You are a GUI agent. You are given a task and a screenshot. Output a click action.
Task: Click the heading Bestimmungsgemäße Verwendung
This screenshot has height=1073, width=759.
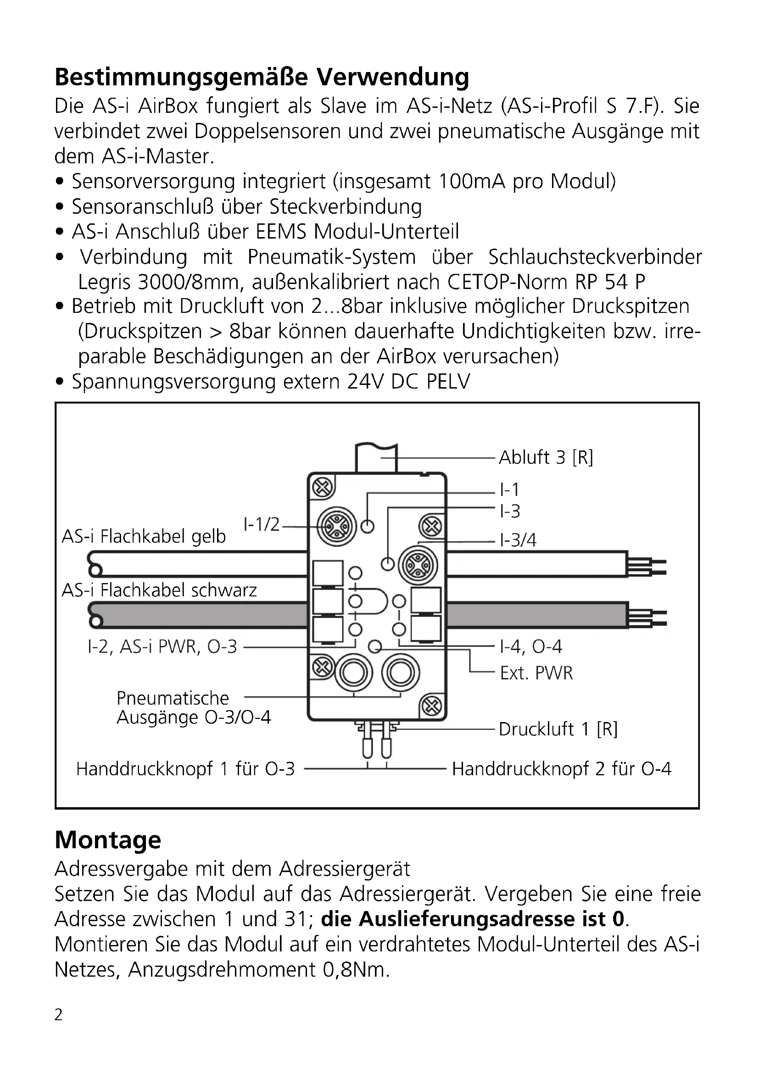click(262, 77)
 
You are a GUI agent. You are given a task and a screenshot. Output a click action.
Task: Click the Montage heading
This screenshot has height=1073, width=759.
click(108, 840)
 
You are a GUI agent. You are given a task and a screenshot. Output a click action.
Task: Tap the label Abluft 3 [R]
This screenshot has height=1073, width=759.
click(546, 457)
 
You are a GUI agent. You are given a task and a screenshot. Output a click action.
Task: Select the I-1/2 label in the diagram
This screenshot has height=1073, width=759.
click(261, 524)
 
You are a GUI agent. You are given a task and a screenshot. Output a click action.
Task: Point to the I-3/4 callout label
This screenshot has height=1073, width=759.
click(518, 540)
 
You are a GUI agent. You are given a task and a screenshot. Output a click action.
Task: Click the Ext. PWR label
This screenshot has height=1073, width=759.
click(536, 673)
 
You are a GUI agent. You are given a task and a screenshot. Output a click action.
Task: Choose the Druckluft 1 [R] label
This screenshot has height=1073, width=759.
click(558, 729)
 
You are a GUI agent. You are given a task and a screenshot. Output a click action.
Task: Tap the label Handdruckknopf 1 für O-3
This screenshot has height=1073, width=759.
click(185, 769)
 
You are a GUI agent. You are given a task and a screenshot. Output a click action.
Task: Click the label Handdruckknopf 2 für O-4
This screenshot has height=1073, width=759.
click(561, 769)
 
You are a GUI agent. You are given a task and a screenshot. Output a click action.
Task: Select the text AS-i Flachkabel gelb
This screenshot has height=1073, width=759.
click(144, 537)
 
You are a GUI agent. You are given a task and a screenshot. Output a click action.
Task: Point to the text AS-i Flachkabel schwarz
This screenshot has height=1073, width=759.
click(159, 590)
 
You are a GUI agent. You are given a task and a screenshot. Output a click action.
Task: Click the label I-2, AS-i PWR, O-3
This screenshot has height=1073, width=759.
click(162, 647)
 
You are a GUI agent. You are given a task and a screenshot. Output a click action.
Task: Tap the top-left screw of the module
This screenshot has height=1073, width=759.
click(322, 488)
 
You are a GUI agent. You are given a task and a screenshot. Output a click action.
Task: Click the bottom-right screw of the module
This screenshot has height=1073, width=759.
click(431, 706)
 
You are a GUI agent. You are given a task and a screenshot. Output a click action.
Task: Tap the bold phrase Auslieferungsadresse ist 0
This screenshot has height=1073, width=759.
click(473, 919)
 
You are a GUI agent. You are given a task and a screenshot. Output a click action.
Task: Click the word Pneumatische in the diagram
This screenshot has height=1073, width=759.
click(173, 698)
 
